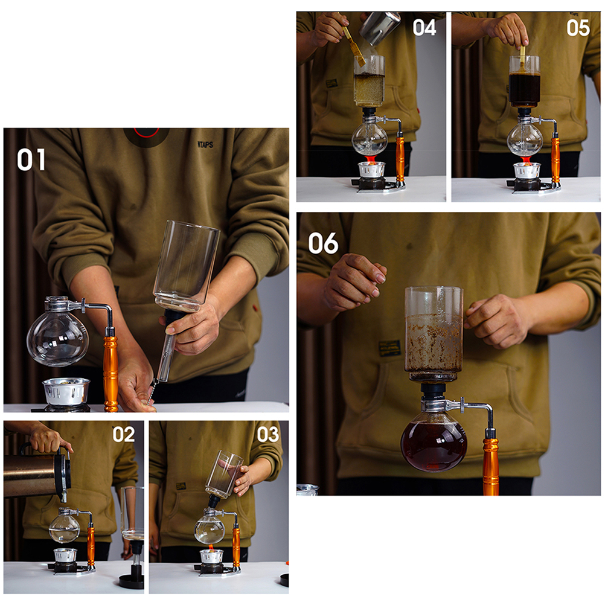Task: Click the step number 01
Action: pos(31,160)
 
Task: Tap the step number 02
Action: pos(123,435)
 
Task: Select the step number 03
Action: pos(267,435)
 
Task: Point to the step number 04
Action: pos(424,28)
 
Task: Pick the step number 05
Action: pos(578,28)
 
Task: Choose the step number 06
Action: pos(323,243)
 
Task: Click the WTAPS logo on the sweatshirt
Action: pos(205,145)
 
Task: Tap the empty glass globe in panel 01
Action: pos(58,337)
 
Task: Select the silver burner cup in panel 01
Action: pos(66,391)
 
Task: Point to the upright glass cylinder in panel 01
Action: pos(187,266)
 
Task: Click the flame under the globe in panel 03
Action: pos(210,547)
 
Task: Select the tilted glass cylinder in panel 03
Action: pos(224,474)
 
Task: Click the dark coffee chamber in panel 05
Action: pos(524,90)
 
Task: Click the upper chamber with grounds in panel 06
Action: pos(434,330)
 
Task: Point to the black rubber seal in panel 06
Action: pos(433,390)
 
